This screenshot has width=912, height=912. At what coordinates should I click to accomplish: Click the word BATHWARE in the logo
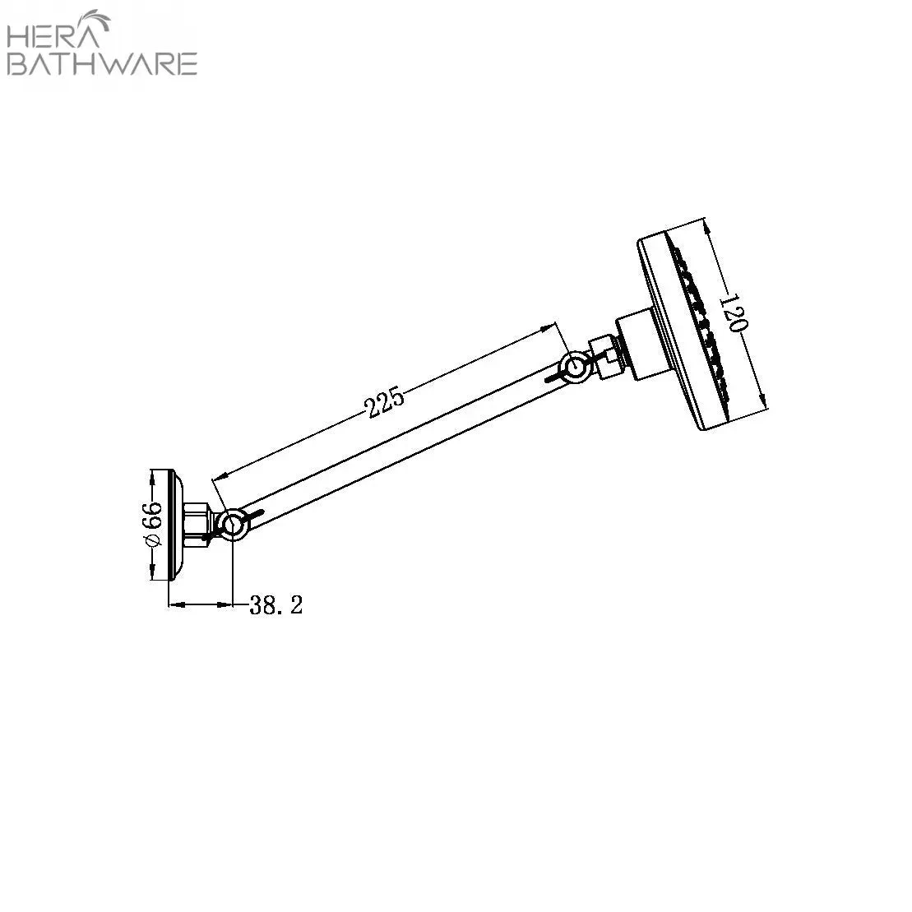(x=102, y=64)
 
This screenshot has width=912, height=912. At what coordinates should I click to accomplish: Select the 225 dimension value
(x=384, y=400)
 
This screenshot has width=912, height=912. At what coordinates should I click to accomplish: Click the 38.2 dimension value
(x=276, y=605)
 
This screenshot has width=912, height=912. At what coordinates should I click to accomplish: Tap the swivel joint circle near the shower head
(x=575, y=367)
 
